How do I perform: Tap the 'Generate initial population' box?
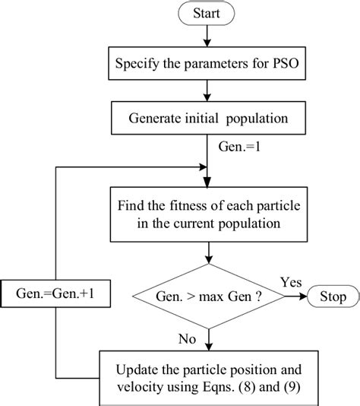(208, 119)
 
